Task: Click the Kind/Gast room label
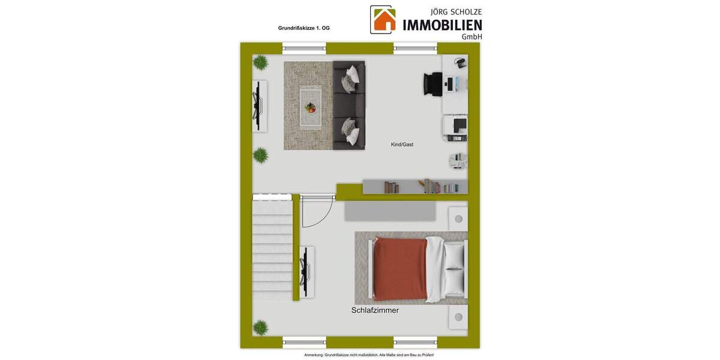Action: click(402, 145)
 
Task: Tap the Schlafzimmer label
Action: click(375, 310)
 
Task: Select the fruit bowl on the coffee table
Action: click(310, 108)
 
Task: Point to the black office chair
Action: click(432, 83)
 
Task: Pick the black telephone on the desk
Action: click(460, 62)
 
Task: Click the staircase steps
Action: click(272, 249)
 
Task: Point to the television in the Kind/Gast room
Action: click(259, 106)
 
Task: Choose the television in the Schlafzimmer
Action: click(306, 272)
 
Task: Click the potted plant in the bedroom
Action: click(260, 327)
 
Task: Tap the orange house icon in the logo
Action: click(384, 20)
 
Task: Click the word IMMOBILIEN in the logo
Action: click(442, 25)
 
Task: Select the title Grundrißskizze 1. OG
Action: click(304, 28)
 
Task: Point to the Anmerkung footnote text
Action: click(360, 355)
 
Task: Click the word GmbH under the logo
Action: click(471, 37)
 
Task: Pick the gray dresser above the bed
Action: click(390, 211)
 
